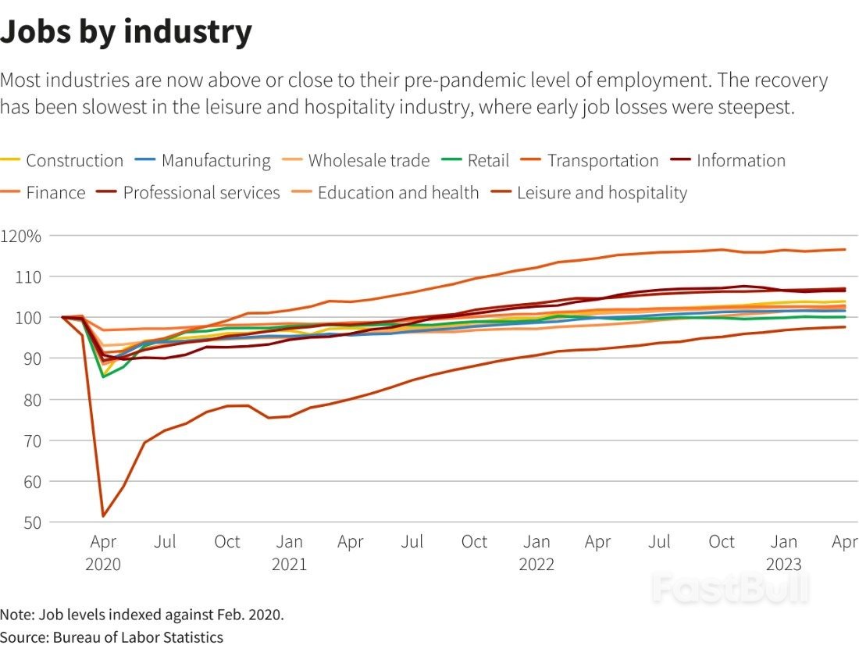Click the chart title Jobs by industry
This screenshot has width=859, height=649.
tap(126, 32)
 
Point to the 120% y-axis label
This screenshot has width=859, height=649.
tap(21, 237)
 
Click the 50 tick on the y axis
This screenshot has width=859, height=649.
tap(32, 523)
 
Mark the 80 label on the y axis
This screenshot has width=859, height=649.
tap(32, 401)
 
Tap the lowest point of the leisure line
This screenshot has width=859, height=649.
tap(103, 516)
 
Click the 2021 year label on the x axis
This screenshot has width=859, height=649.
tap(289, 564)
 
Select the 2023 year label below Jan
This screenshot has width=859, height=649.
tap(783, 564)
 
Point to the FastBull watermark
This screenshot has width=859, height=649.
tap(730, 587)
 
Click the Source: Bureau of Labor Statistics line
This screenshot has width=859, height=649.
tap(112, 637)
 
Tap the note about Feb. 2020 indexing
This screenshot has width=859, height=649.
tap(142, 615)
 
